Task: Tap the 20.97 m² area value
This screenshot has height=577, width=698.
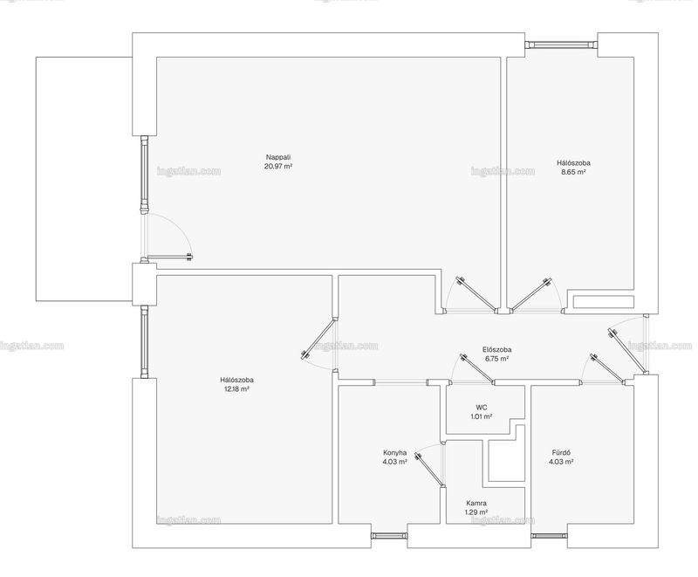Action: (278, 166)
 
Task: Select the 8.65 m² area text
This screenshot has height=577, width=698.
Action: (573, 172)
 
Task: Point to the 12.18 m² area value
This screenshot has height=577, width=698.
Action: (236, 388)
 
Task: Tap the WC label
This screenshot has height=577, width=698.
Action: (482, 408)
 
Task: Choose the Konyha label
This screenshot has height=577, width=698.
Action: (395, 453)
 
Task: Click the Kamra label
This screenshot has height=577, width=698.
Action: (476, 504)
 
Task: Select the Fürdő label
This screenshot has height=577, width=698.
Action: (561, 453)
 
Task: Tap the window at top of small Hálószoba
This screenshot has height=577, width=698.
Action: (561, 44)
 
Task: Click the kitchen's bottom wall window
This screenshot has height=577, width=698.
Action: (389, 536)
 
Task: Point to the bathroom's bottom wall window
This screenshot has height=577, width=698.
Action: (550, 536)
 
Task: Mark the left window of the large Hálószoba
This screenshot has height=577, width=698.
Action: (144, 341)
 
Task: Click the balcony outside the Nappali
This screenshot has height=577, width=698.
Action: (84, 179)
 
